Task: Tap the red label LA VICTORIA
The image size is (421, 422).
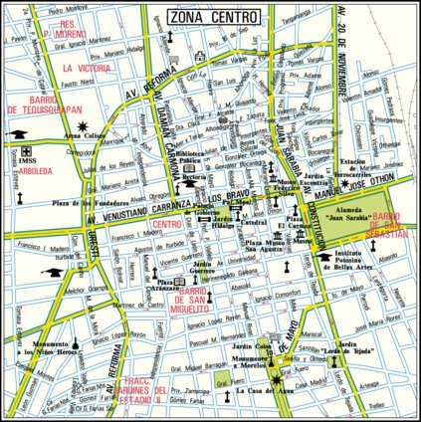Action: point(81,69)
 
